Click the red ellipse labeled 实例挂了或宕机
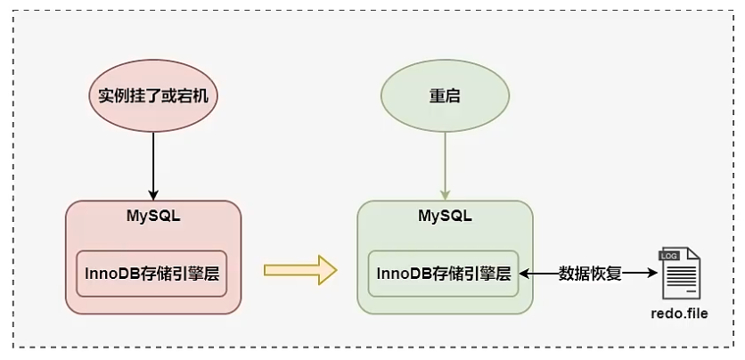coord(152,94)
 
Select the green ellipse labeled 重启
coord(445,94)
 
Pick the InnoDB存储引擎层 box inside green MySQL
coord(444,273)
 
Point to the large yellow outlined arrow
coord(300,270)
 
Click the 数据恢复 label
coord(589,273)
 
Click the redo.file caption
coord(679,313)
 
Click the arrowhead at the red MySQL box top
coord(152,195)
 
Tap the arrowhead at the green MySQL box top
coord(445,195)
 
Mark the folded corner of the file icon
coord(693,254)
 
